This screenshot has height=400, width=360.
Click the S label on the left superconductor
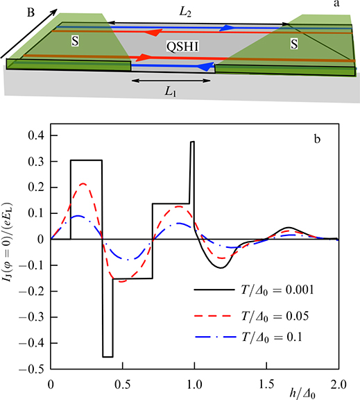coord(74,42)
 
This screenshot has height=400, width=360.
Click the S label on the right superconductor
coord(295,44)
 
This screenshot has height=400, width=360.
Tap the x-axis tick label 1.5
coord(266,383)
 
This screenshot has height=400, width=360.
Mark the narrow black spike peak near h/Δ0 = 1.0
coord(193,142)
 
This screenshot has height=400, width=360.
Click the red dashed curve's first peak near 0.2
coord(84,184)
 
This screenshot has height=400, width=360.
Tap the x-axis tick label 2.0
coord(338,383)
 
